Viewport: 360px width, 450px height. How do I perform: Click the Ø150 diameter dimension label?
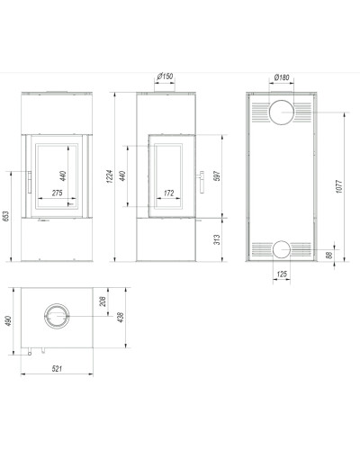point(165,76)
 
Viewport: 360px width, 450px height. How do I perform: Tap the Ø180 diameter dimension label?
point(282,77)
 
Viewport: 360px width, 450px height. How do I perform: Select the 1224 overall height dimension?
point(110,176)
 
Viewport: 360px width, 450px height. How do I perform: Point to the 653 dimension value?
point(6,216)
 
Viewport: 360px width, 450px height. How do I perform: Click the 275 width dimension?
point(57,193)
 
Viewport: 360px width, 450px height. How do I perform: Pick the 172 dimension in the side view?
point(169,193)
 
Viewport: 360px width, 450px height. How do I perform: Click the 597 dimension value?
point(217,175)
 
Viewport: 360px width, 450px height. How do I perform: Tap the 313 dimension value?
point(217,239)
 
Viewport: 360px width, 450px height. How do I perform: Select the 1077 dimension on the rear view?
point(338,186)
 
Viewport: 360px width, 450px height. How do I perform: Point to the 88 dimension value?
point(329,256)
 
